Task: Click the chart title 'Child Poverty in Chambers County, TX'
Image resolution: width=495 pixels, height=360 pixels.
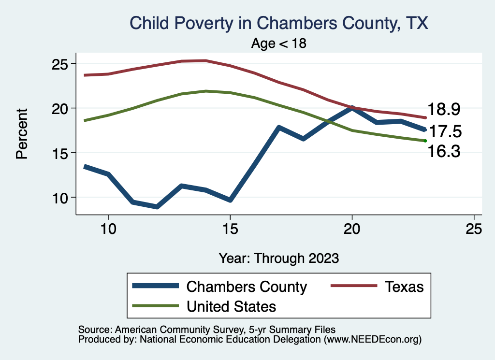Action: click(279, 23)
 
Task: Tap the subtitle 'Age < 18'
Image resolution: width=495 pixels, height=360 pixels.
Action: click(279, 43)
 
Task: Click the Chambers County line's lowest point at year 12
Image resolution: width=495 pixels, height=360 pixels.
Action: click(157, 207)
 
